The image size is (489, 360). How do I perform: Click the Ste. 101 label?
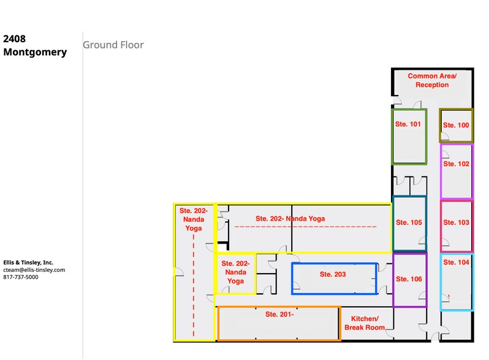coord(407,124)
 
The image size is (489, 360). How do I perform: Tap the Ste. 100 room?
coord(456,126)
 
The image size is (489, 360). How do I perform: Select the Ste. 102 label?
coord(456,164)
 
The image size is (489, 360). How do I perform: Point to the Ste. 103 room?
coord(456,223)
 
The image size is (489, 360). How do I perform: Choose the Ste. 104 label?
coord(456,262)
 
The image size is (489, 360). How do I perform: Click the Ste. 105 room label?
coord(409,223)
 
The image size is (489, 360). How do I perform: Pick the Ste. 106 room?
coord(409,279)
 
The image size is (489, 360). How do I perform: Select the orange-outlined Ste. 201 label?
coord(279,315)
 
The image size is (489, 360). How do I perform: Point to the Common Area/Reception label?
coord(432,80)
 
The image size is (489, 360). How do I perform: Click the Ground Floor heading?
coord(113,45)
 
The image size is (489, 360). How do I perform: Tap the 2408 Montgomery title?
coord(35,45)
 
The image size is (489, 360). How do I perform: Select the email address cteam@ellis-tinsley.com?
coord(34,269)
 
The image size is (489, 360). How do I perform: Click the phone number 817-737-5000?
coord(21,277)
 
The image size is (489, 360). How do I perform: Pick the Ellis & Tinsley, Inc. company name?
coord(28,262)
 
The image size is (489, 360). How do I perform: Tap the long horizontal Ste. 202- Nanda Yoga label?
coord(290,219)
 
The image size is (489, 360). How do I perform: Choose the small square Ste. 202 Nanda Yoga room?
coord(235,272)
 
